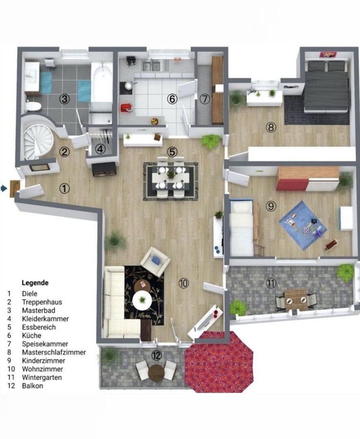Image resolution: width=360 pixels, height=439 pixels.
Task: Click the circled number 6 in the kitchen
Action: coord(172,99)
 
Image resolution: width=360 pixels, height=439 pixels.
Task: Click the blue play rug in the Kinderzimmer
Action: coord(303,222)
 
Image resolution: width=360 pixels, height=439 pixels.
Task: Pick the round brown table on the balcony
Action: coord(156,372)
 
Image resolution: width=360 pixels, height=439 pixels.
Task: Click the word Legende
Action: coord(35,283)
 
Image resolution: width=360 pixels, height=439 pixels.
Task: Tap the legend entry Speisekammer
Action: coord(45,344)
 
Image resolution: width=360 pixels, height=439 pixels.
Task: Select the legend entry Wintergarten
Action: coord(42,377)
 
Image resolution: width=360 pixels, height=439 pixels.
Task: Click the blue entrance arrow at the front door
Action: coord(4,188)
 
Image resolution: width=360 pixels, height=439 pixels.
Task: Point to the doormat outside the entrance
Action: coord(15,189)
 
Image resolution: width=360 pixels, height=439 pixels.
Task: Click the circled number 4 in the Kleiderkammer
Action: coord(100,149)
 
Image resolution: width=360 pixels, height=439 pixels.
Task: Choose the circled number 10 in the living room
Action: coord(184,283)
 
